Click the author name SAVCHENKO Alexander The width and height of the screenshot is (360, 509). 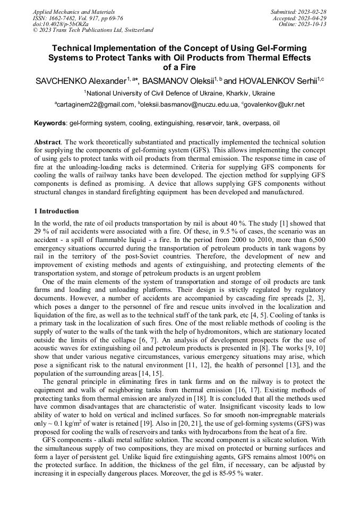point(80,81)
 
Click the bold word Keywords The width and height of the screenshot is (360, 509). point(49,124)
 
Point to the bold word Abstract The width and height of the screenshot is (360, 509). point(47,143)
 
